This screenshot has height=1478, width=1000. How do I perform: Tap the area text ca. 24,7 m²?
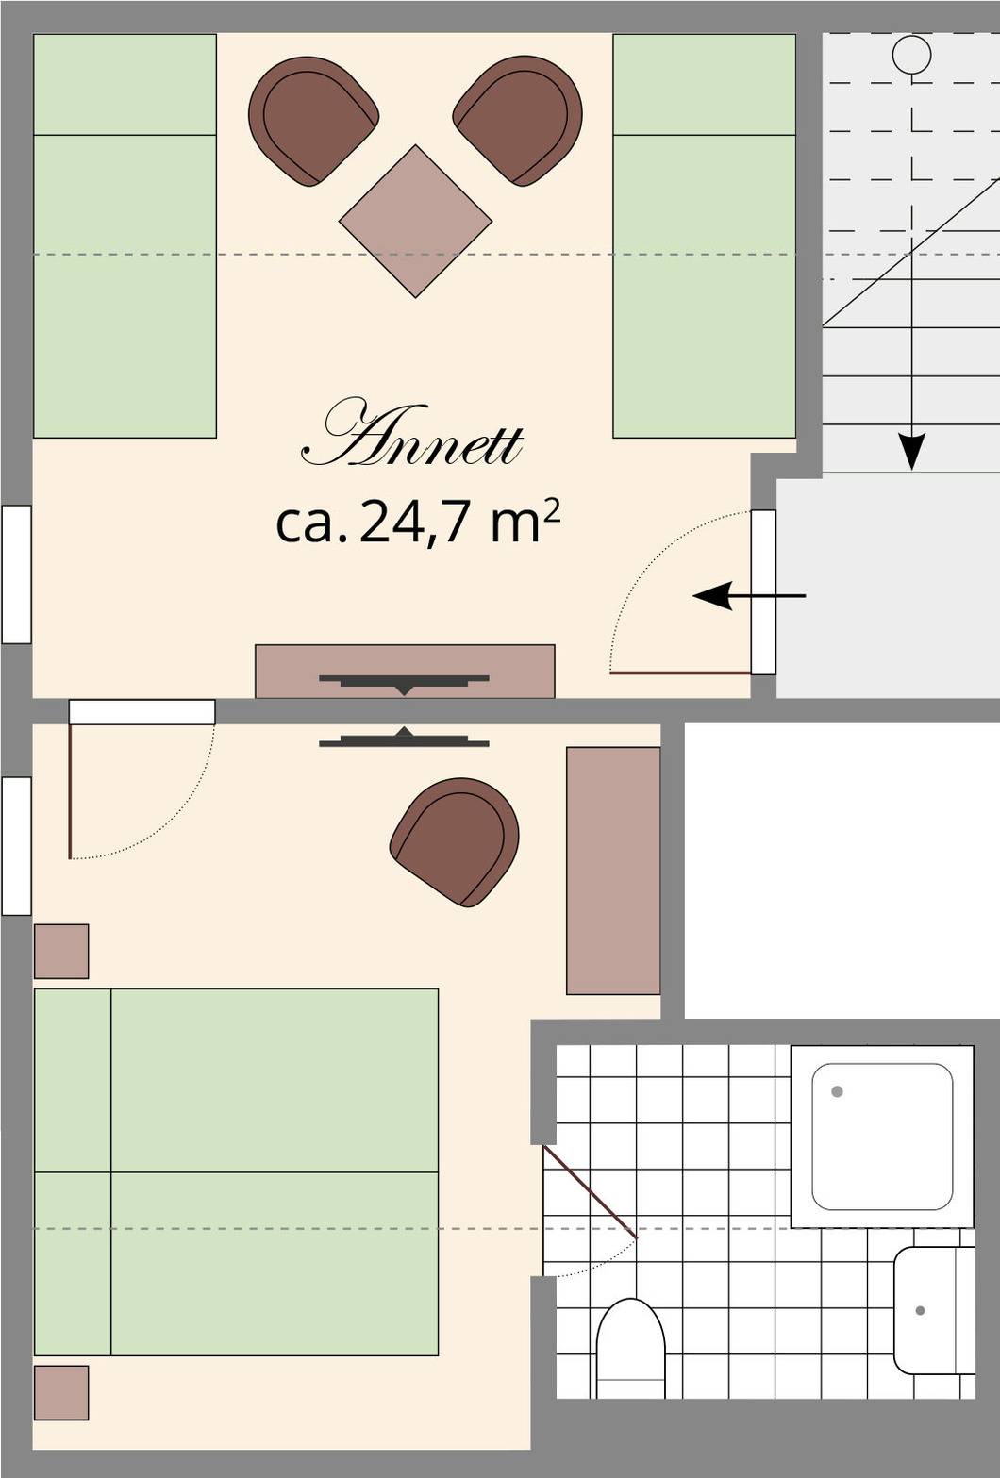coord(418,522)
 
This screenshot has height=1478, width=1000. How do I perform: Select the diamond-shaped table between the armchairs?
coord(415,222)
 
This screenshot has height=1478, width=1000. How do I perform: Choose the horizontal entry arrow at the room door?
coord(749,596)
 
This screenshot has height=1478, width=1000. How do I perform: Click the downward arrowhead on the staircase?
coord(912,451)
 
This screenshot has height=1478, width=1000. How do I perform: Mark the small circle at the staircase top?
coord(912,54)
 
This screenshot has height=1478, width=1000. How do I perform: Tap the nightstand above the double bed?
coord(61,951)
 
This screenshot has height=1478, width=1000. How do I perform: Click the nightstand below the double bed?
coord(61,1393)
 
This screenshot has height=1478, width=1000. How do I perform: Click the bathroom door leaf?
coord(591,1191)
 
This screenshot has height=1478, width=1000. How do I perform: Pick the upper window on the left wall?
coord(16,574)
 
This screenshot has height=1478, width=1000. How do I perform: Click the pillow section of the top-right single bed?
coord(705,85)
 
